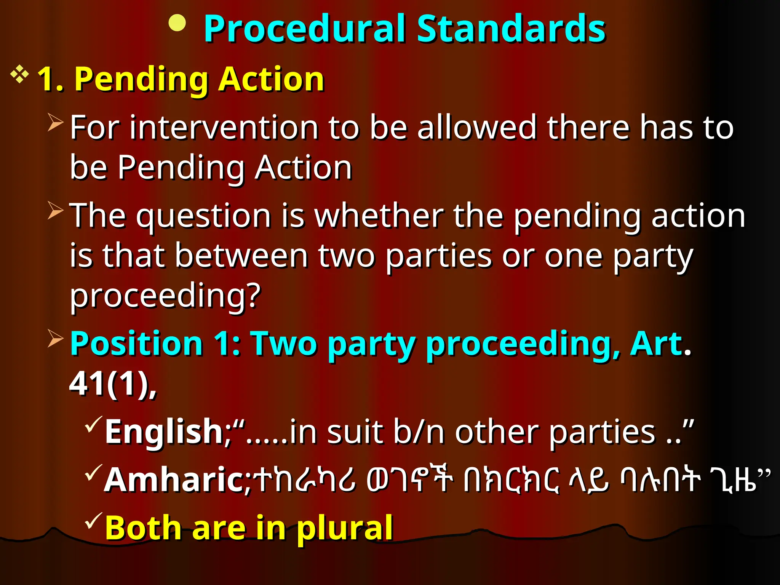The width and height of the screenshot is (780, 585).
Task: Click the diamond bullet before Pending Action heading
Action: (x=20, y=75)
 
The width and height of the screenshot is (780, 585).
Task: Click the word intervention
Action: (x=224, y=128)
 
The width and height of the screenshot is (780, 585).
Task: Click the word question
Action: (x=203, y=216)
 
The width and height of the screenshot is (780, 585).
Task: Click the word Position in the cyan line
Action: (x=136, y=344)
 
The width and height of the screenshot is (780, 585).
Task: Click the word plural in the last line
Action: (x=344, y=529)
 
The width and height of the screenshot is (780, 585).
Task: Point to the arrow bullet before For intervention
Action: (x=56, y=123)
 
